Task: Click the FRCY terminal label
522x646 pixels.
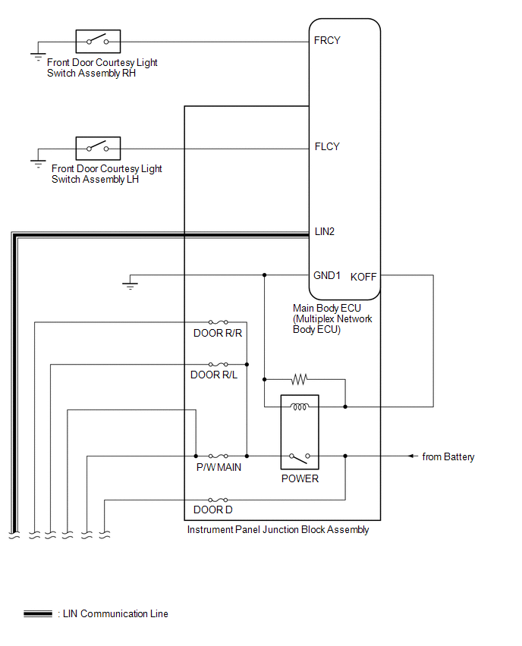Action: click(x=326, y=40)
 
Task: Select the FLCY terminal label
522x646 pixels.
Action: click(x=326, y=146)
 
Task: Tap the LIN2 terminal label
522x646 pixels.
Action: click(x=325, y=231)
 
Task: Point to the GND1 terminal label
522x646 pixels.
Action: click(x=327, y=275)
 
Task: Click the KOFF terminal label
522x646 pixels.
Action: click(x=363, y=277)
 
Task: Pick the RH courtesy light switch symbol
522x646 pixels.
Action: click(x=98, y=40)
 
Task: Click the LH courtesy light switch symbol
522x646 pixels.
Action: click(x=98, y=146)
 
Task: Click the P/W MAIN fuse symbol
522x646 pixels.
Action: click(x=219, y=456)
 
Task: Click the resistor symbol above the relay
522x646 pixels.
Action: click(x=299, y=378)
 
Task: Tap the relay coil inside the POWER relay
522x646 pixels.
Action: click(x=300, y=407)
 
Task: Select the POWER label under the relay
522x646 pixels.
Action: click(x=300, y=478)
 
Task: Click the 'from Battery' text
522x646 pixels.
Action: click(x=448, y=456)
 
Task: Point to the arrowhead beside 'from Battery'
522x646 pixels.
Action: click(x=413, y=456)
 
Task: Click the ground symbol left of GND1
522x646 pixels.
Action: click(x=130, y=284)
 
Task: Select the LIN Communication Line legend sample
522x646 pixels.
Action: click(x=38, y=613)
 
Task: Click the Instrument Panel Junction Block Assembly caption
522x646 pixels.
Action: click(x=278, y=529)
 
